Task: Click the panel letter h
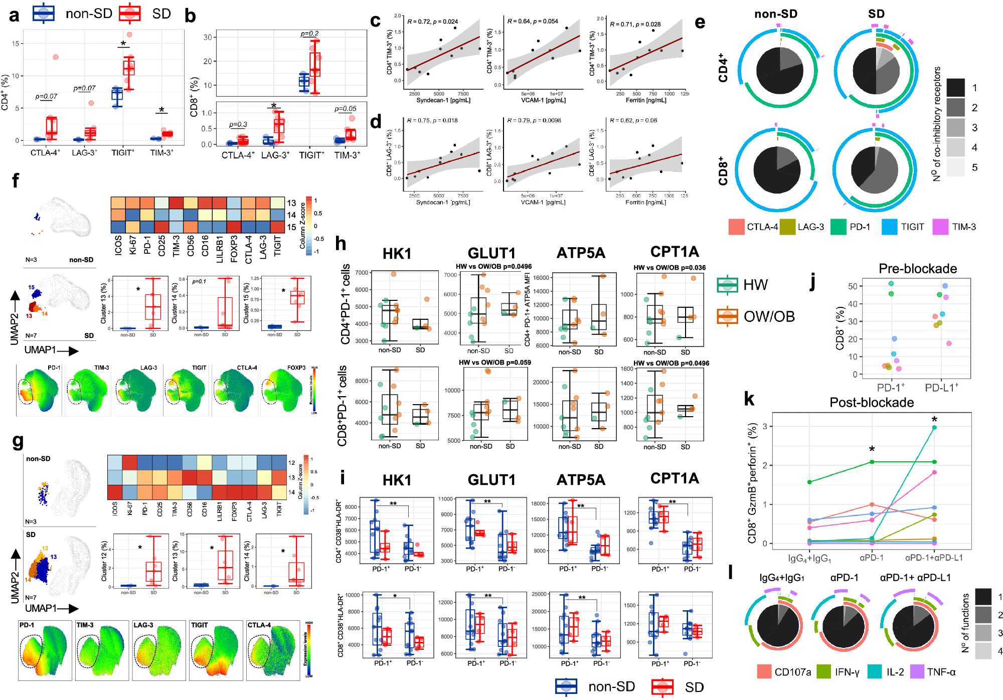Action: click(x=341, y=244)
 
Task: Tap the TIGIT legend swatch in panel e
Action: click(x=889, y=227)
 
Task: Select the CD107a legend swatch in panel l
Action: click(x=764, y=671)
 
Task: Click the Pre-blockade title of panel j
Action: click(x=917, y=269)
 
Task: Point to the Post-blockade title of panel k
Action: click(x=871, y=402)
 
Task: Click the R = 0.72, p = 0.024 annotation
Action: click(x=432, y=22)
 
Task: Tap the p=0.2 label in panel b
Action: click(x=309, y=34)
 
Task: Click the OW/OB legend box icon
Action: click(x=727, y=316)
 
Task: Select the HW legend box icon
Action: click(x=727, y=285)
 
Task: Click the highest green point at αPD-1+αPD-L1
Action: click(x=934, y=427)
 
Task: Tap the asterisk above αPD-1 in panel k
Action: click(x=872, y=449)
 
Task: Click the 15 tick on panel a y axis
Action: click(x=16, y=44)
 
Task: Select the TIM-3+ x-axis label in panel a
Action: click(x=161, y=152)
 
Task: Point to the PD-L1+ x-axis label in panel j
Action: click(x=941, y=388)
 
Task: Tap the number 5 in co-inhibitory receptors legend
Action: click(x=974, y=167)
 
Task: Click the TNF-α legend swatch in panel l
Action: click(x=917, y=671)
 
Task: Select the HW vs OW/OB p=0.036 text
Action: click(x=669, y=268)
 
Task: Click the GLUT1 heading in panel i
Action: click(x=491, y=480)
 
